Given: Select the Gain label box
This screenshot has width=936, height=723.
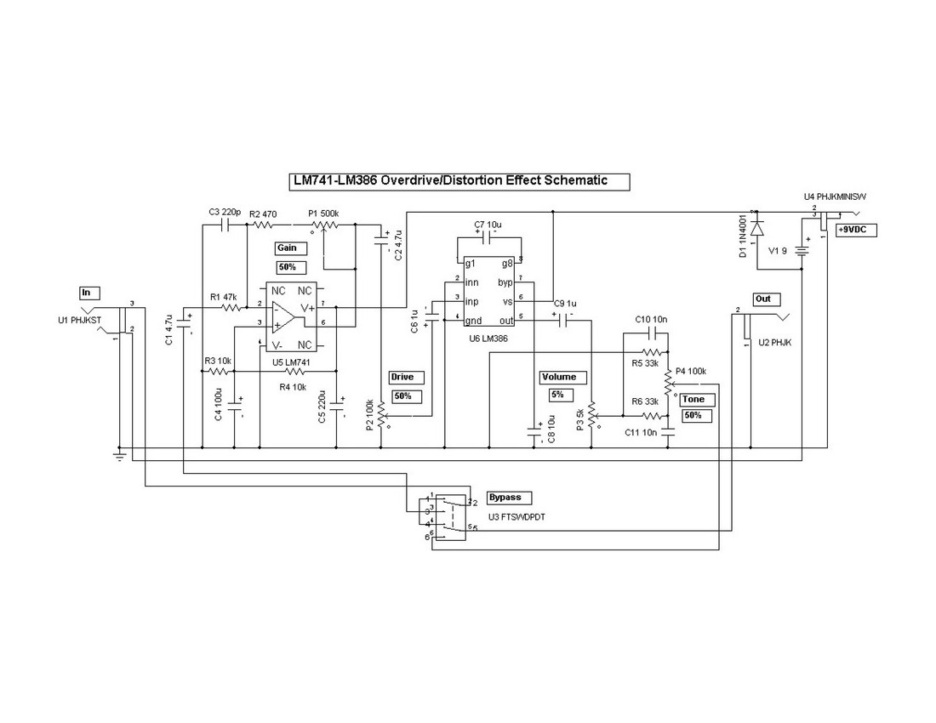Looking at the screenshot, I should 287,248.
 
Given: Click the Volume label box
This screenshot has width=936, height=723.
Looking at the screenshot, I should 558,377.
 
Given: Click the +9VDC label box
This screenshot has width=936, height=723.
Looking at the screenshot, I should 856,230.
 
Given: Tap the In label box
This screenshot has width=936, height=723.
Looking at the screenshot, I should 89,293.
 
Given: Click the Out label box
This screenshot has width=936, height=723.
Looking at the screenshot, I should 763,299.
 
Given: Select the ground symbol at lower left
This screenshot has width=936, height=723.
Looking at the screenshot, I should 120,458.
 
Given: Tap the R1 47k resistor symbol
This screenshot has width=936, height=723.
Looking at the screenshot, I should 230,305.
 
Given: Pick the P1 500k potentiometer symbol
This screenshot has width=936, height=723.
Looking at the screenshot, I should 325,225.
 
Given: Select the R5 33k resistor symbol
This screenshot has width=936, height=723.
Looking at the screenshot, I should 653,351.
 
